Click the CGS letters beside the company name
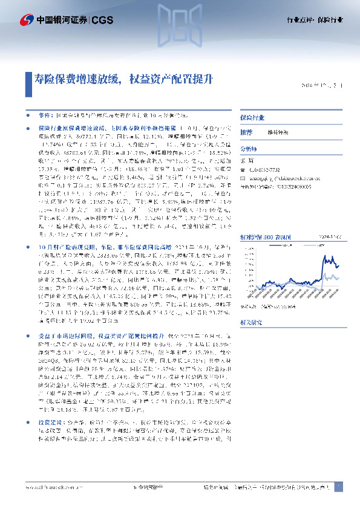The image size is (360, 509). point(100,19)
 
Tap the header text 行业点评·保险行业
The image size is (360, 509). point(314,20)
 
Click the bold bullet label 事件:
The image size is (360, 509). point(45,114)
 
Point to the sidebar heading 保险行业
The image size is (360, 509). point(251,117)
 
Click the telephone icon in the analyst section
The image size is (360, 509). point(243,170)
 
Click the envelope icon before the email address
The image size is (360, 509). point(243,179)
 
